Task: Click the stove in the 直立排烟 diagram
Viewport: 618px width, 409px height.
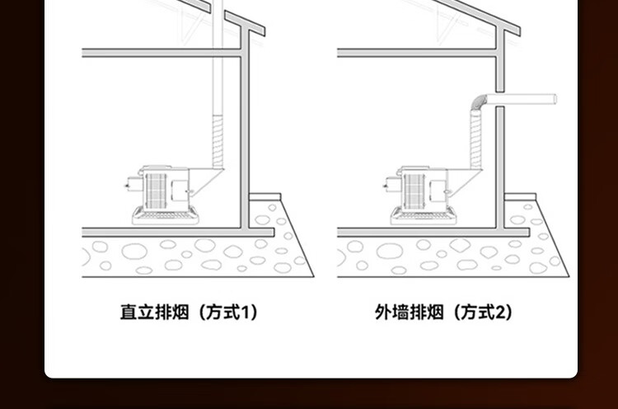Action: point(166,190)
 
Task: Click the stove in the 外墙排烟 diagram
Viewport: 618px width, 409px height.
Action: point(421,190)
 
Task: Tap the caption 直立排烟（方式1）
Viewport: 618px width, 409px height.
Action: point(189,313)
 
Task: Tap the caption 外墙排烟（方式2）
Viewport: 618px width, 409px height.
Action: point(443,313)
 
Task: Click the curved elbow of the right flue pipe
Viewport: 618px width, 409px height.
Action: point(477,103)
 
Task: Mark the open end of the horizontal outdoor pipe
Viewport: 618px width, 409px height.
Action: point(555,100)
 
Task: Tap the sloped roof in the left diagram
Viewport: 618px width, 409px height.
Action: point(244,22)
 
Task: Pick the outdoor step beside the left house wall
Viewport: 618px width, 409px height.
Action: point(265,198)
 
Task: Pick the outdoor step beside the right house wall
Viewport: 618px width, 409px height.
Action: point(520,198)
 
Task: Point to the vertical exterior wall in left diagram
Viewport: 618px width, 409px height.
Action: point(245,132)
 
